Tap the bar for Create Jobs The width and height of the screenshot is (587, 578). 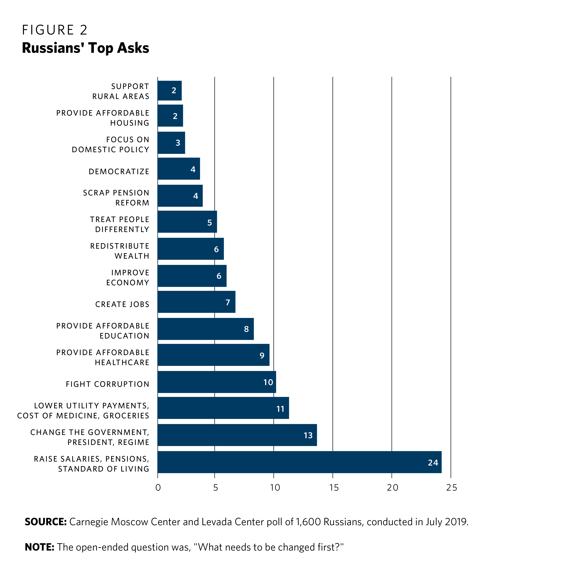coord(196,302)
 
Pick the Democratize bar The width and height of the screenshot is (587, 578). coord(179,169)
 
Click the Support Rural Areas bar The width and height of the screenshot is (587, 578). coord(169,90)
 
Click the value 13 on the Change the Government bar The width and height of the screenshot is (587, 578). coord(308,435)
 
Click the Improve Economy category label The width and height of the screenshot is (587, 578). coord(127,278)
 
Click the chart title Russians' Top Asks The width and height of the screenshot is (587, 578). coord(85,48)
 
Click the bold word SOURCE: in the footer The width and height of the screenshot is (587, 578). coord(46,522)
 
